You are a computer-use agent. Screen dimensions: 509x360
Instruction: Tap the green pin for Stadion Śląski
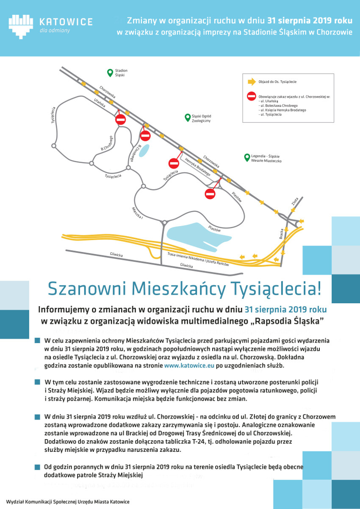[x=110, y=72]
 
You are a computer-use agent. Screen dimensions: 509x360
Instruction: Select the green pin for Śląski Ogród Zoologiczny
[x=187, y=118]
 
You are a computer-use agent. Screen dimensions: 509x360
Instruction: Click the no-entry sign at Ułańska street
[x=121, y=119]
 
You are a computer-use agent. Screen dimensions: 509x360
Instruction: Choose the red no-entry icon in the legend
[x=252, y=97]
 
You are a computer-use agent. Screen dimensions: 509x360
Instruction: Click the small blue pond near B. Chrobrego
[x=144, y=149]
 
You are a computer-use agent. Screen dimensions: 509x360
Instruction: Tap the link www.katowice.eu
[x=189, y=365]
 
